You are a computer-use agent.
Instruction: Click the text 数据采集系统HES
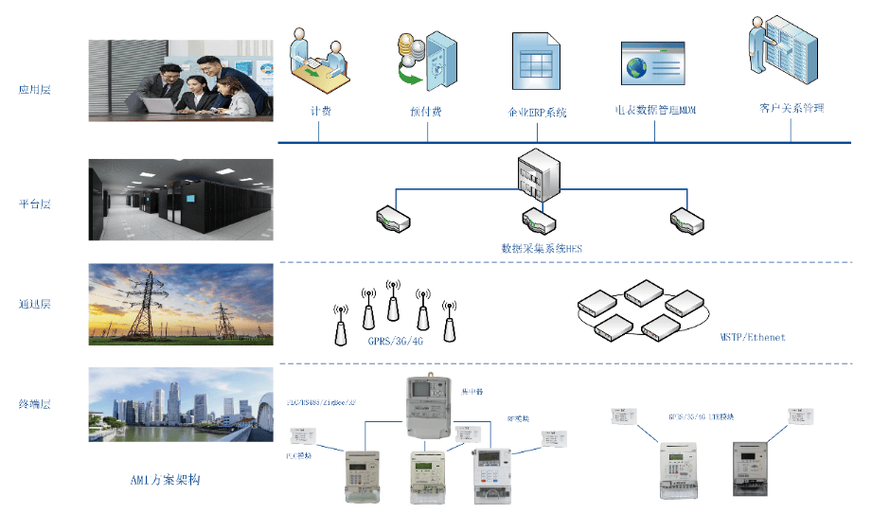pyautogui.click(x=541, y=249)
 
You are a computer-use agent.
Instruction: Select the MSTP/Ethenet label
pyautogui.click(x=753, y=337)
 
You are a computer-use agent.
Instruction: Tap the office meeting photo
pyautogui.click(x=181, y=80)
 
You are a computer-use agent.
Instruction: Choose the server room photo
pyautogui.click(x=181, y=199)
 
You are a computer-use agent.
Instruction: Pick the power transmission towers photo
pyautogui.click(x=181, y=303)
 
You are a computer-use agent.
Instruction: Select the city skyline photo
pyautogui.click(x=181, y=405)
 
